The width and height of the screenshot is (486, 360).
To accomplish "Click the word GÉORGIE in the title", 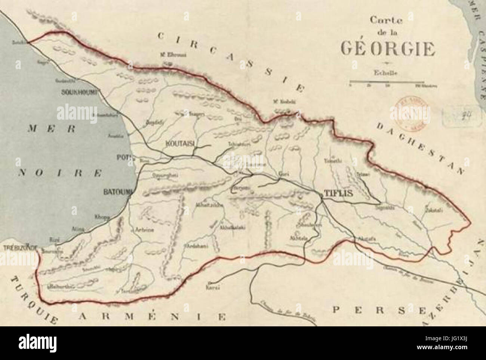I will point(387,49).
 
